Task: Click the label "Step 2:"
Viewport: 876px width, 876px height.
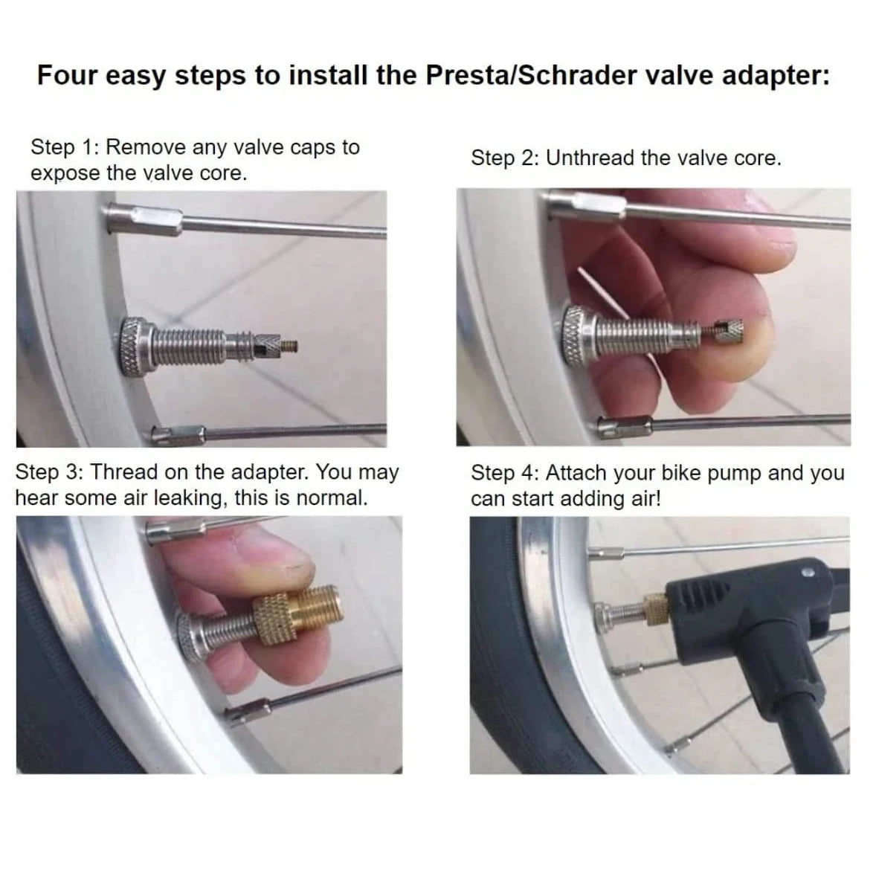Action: tap(506, 158)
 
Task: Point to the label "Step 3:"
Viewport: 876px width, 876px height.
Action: tap(50, 472)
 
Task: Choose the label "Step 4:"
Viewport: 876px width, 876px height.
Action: tap(506, 473)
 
